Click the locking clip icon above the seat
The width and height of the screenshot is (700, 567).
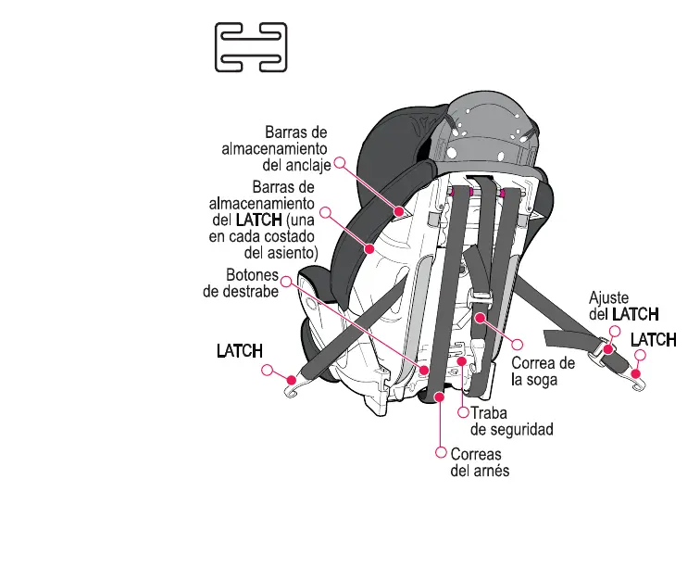tap(251, 47)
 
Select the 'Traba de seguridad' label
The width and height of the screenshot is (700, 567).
tap(511, 422)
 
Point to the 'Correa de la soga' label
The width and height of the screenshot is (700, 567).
tap(544, 371)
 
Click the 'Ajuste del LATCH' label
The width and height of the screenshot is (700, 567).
tap(624, 307)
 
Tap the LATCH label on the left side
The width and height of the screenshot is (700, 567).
tap(239, 351)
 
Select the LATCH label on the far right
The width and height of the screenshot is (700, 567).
tap(653, 340)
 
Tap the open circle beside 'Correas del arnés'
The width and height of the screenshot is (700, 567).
tap(442, 453)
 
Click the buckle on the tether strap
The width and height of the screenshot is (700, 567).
tap(480, 299)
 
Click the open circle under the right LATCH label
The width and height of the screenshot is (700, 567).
tap(639, 356)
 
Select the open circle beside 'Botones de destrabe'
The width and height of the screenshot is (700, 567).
tap(287, 280)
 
